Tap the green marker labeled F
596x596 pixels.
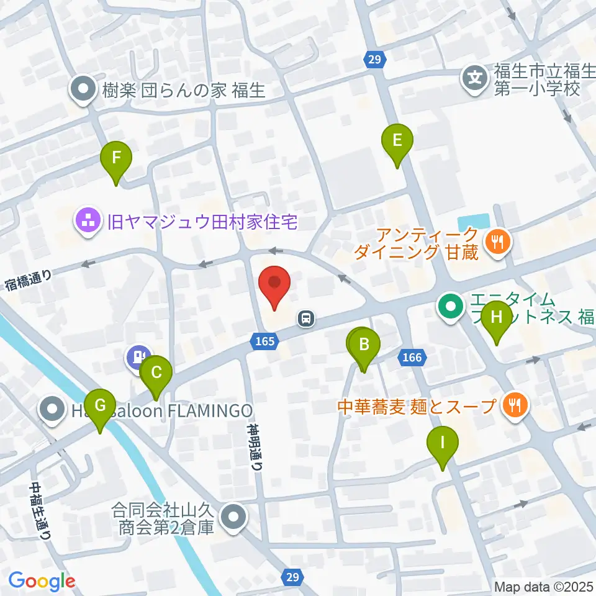[116, 161]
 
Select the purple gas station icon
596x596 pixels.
[136, 357]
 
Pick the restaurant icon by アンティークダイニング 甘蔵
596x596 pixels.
[497, 241]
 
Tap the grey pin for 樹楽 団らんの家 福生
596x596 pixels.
[83, 91]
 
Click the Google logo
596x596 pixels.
[42, 580]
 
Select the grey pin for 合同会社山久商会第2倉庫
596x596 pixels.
[234, 517]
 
